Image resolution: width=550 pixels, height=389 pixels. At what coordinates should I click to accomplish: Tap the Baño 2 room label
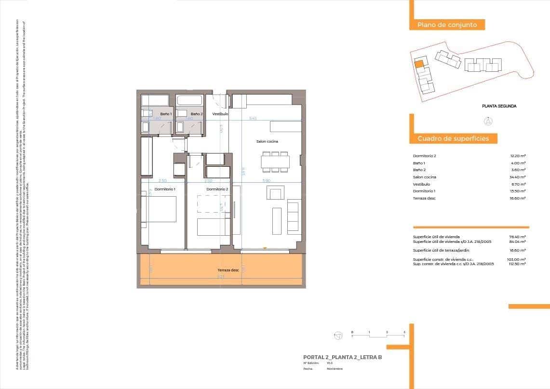coord(197,114)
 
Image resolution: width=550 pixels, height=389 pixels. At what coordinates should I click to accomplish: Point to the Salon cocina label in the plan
coord(267,141)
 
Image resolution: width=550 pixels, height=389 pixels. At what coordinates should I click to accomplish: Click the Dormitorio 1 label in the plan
coord(165,189)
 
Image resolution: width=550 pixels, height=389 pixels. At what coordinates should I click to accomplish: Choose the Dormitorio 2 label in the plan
coord(217,189)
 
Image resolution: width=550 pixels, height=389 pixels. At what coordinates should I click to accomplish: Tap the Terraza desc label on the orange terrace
coord(228,270)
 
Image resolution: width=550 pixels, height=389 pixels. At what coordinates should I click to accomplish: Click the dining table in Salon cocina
coord(275,161)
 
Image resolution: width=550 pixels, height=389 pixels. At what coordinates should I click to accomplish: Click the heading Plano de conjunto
coord(447,25)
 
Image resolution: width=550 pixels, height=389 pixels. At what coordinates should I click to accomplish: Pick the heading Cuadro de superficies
coord(453,139)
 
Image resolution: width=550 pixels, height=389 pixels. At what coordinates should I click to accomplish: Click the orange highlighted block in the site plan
coord(419,63)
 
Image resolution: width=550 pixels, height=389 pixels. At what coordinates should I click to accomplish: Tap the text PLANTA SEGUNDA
coord(499,106)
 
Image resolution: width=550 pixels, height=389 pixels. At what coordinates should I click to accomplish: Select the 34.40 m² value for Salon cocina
coord(518,177)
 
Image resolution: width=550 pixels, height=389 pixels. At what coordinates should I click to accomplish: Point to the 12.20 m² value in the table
coord(518,156)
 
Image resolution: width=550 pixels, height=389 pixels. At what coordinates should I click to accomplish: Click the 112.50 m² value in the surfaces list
coord(517,264)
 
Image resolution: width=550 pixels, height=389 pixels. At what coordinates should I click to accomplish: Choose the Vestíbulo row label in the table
coord(421,184)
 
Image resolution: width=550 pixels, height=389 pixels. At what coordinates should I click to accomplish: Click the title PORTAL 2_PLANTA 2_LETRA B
coord(342,357)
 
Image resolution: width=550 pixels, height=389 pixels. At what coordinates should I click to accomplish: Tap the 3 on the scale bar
coord(404,332)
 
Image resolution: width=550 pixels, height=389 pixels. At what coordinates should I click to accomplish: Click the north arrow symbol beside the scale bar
coord(338,335)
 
